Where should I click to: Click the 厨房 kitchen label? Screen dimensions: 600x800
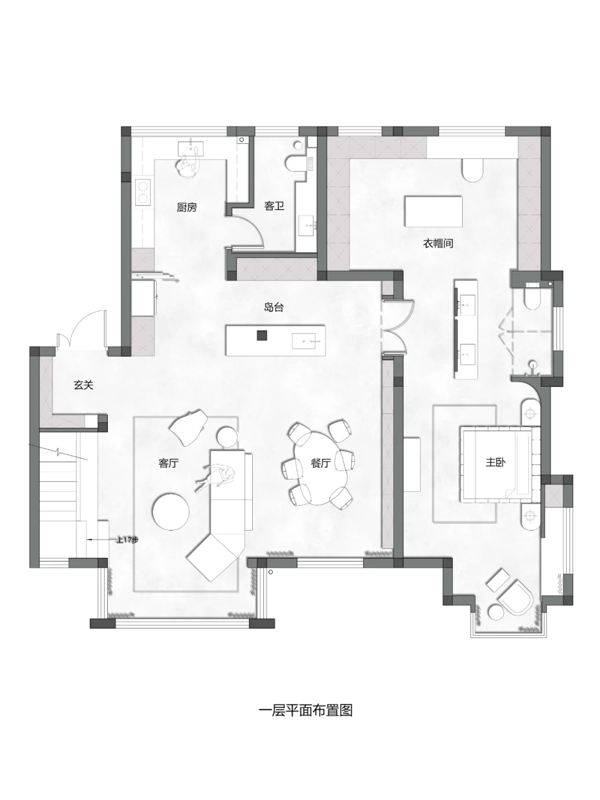click(187, 207)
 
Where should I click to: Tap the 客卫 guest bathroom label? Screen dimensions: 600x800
click(274, 206)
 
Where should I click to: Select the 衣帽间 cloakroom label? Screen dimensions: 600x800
click(438, 243)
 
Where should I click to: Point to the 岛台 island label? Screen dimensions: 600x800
click(273, 307)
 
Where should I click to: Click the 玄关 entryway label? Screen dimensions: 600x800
click(84, 385)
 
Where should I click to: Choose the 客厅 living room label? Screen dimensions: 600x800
click(169, 463)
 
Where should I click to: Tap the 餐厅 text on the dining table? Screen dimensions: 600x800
click(321, 463)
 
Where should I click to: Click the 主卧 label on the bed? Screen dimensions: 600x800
click(496, 462)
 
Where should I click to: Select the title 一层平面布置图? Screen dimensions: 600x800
click(306, 711)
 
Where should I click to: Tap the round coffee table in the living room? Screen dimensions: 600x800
click(171, 512)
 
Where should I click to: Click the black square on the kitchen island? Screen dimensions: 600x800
click(262, 336)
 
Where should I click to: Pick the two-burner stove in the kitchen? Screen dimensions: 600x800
click(143, 192)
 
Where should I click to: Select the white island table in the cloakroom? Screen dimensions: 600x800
click(433, 212)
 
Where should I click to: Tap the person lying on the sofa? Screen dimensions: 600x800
click(216, 477)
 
